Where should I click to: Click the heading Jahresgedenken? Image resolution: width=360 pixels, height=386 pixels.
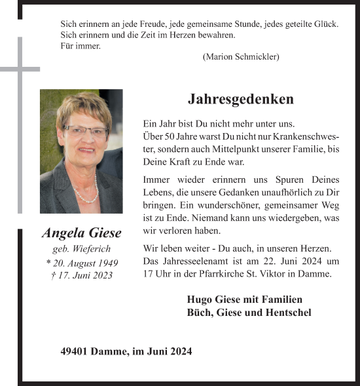tap(241, 100)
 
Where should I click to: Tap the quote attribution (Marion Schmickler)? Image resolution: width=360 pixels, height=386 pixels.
tap(241, 57)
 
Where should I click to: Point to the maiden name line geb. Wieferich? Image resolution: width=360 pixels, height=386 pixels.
tap(81, 249)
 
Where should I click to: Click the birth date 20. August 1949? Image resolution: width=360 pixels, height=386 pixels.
tap(81, 262)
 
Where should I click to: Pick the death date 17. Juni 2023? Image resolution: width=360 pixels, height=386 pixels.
tap(81, 275)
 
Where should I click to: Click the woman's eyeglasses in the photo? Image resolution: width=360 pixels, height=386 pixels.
tap(86, 130)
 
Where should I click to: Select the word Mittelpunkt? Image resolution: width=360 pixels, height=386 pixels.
tap(214, 149)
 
